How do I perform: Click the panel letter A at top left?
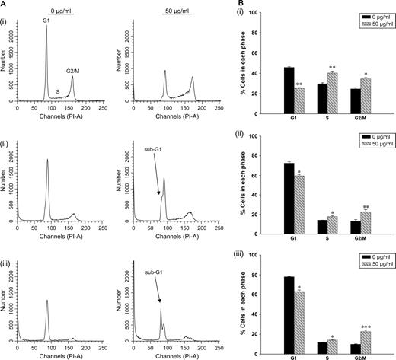5,4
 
